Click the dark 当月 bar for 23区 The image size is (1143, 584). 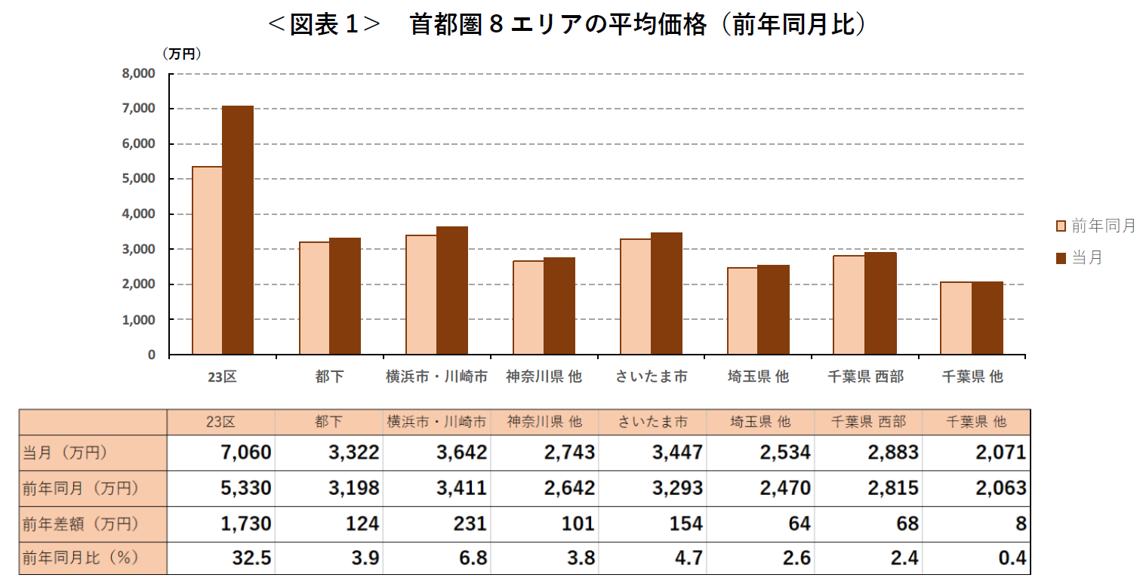(238, 230)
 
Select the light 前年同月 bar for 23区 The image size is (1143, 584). (207, 260)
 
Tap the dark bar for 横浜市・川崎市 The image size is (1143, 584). (451, 290)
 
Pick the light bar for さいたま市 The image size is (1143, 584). (635, 297)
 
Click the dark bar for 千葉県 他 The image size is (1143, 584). (987, 318)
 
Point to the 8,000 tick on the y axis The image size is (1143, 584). (138, 74)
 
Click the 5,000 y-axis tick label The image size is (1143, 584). (138, 179)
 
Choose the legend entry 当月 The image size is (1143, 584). (1080, 258)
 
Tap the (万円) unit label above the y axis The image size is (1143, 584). (181, 54)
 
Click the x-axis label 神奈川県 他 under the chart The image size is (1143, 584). (544, 377)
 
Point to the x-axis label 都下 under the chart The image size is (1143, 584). (329, 377)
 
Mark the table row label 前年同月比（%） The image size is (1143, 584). (82, 559)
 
